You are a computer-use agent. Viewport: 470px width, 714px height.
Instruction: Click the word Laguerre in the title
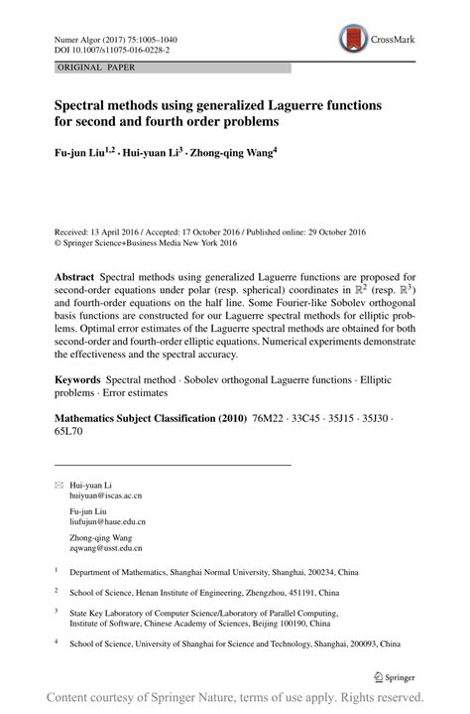[x=308, y=104]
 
